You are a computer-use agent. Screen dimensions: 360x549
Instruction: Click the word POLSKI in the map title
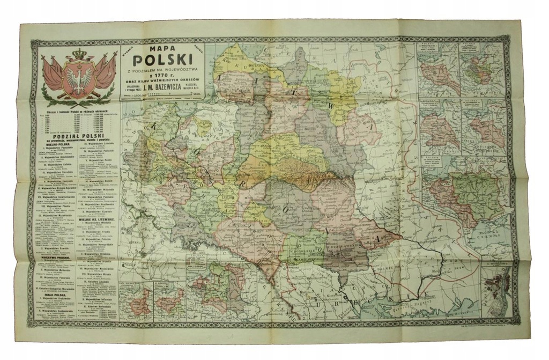[161, 70]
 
